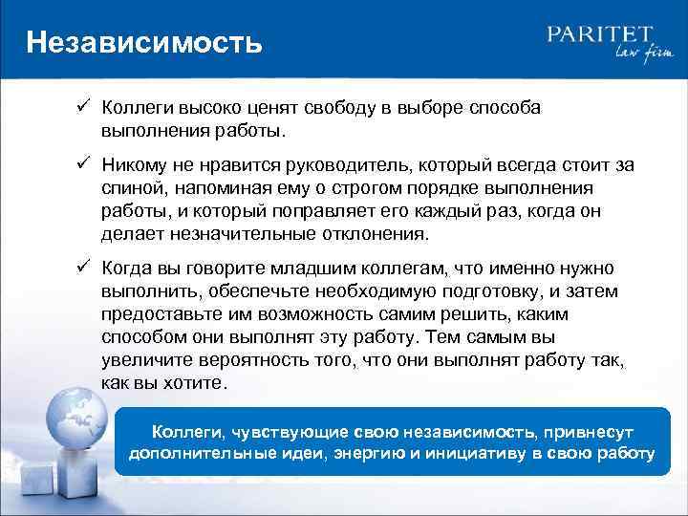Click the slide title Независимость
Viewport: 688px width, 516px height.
[143, 42]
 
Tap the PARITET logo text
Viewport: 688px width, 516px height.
[601, 35]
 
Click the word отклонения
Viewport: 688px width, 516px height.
[381, 234]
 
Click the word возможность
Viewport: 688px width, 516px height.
[303, 314]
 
